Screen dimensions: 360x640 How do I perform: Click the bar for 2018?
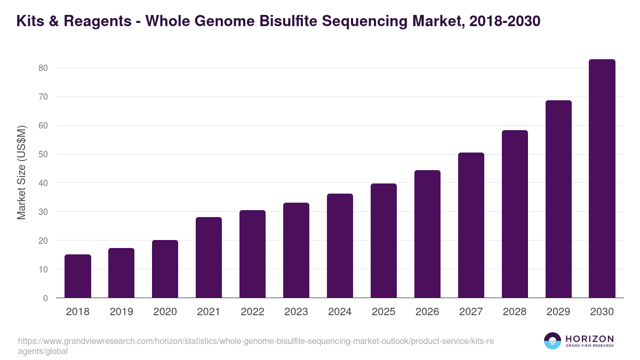click(78, 276)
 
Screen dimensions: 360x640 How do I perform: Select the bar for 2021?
click(209, 258)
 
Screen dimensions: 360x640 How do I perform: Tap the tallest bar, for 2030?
click(602, 179)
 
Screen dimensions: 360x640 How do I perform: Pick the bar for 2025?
click(383, 241)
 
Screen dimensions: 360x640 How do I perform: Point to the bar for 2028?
click(515, 214)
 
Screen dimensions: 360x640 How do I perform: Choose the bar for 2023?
click(296, 250)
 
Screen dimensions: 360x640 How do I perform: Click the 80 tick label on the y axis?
click(43, 68)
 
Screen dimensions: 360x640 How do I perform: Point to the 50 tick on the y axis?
click(43, 155)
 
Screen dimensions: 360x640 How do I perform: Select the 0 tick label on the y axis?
click(45, 298)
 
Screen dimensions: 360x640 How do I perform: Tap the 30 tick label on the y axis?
click(43, 212)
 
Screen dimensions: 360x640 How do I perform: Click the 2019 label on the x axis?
click(122, 312)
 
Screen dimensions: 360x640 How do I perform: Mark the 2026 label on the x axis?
click(427, 312)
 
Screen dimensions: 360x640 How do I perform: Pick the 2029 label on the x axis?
click(558, 312)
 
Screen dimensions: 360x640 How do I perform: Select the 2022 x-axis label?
click(252, 312)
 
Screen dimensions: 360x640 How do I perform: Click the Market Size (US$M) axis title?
click(21, 172)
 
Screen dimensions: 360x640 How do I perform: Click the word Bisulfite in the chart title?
click(300, 21)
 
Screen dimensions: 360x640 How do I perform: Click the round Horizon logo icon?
click(553, 341)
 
